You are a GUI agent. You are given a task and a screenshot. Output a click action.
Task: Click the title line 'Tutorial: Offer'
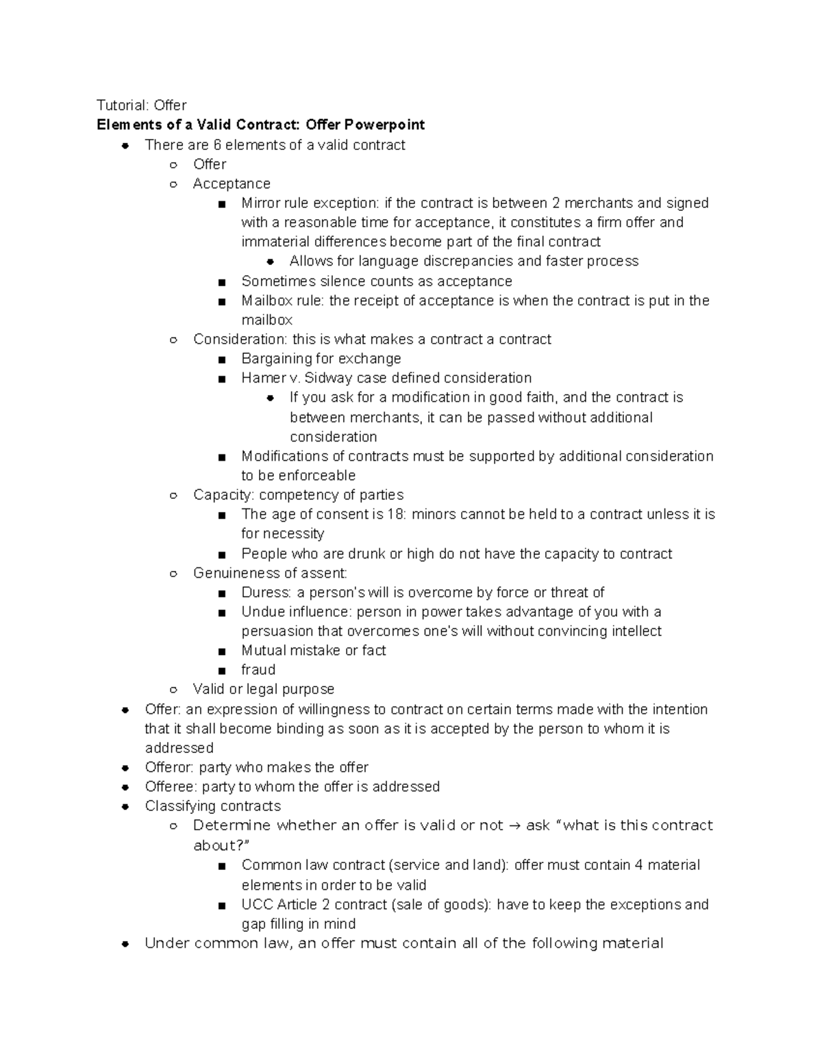(141, 105)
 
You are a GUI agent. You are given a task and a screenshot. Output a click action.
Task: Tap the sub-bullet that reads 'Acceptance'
(232, 183)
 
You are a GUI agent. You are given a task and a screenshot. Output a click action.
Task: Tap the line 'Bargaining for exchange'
(321, 359)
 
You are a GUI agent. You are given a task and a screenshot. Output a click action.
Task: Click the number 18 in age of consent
(395, 514)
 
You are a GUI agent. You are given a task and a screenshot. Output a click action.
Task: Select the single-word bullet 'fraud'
(258, 669)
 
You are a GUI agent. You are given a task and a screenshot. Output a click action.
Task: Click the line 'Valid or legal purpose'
(264, 689)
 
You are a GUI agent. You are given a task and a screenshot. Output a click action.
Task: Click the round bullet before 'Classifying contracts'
(125, 806)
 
